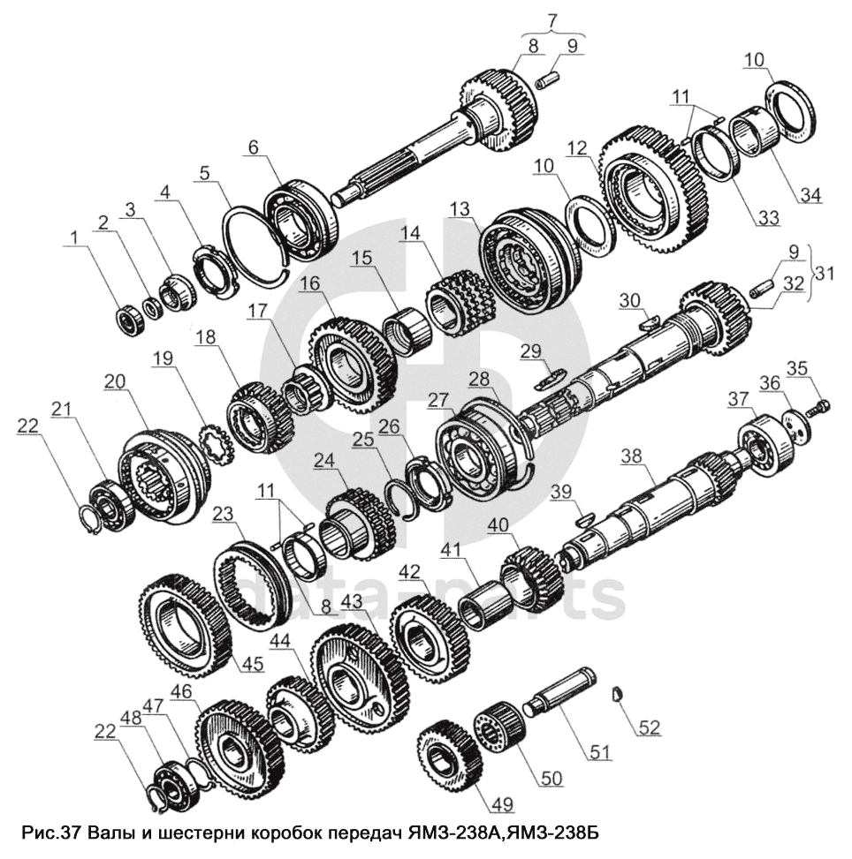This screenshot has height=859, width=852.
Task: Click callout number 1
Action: pyautogui.click(x=73, y=237)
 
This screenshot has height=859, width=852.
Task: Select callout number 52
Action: pyautogui.click(x=649, y=727)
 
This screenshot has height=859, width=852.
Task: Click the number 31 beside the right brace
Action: pyautogui.click(x=824, y=272)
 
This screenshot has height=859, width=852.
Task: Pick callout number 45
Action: pyautogui.click(x=253, y=664)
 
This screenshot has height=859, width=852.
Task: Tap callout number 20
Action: pyautogui.click(x=115, y=381)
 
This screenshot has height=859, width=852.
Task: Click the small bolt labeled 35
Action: pyautogui.click(x=820, y=407)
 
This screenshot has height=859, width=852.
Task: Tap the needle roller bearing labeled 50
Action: pyautogui.click(x=499, y=726)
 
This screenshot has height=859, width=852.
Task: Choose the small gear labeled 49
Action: pyautogui.click(x=449, y=751)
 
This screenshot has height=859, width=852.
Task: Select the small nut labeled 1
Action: pyautogui.click(x=131, y=321)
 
